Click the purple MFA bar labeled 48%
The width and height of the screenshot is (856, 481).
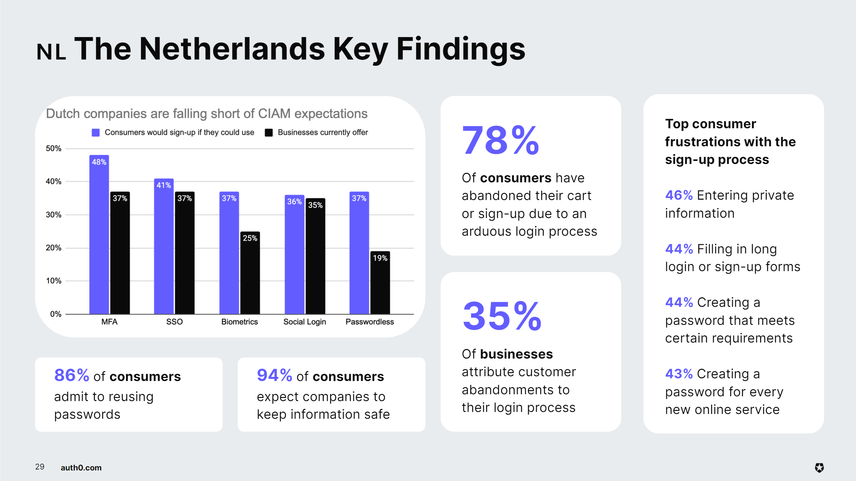pyautogui.click(x=99, y=235)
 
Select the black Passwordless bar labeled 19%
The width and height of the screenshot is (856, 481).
pyautogui.click(x=380, y=283)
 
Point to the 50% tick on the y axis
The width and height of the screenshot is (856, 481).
pyautogui.click(x=54, y=149)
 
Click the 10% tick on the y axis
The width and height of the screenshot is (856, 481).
pyautogui.click(x=54, y=281)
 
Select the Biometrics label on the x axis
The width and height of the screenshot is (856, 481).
pyautogui.click(x=240, y=322)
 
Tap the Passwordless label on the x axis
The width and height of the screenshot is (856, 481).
pyautogui.click(x=370, y=322)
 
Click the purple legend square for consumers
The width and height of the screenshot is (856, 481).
pyautogui.click(x=96, y=133)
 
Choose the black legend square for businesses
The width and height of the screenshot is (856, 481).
pyautogui.click(x=269, y=133)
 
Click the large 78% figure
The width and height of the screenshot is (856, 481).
pyautogui.click(x=500, y=140)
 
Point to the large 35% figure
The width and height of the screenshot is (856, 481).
pyautogui.click(x=502, y=316)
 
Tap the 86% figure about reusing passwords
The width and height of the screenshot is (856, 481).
pyautogui.click(x=72, y=376)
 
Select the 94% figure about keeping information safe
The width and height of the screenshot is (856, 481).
pyautogui.click(x=275, y=376)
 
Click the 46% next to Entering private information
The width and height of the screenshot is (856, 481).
pyautogui.click(x=679, y=195)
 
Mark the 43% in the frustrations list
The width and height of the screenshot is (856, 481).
pyautogui.click(x=679, y=374)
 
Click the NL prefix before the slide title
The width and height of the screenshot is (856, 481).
pyautogui.click(x=51, y=52)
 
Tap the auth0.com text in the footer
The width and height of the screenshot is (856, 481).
pyautogui.click(x=81, y=468)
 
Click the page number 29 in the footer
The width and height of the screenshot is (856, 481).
pyautogui.click(x=40, y=467)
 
